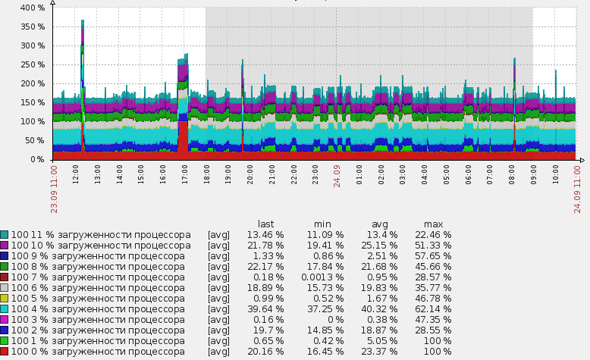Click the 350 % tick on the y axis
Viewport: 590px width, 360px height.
pos(33,27)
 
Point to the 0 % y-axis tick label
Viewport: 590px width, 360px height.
pos(38,159)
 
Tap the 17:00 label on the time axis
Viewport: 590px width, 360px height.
pos(184,174)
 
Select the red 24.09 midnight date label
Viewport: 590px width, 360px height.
pos(337,176)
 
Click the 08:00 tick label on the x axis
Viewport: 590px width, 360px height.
pos(512,174)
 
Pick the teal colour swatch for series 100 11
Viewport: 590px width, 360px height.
pos(4,235)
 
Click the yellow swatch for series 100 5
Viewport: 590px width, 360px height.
pos(4,299)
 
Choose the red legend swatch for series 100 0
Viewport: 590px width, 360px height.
pos(4,352)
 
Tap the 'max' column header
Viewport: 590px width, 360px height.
pos(434,224)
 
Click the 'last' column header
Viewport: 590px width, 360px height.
pos(265,224)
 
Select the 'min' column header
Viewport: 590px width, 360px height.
pos(322,224)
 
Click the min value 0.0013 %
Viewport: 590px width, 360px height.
pos(322,277)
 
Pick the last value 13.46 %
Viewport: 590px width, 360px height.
pos(265,235)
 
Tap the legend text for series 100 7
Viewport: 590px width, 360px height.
pos(98,277)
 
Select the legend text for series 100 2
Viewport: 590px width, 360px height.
pos(98,330)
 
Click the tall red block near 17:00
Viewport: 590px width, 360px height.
pos(184,137)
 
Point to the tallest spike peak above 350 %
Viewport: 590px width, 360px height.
pos(83,20)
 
